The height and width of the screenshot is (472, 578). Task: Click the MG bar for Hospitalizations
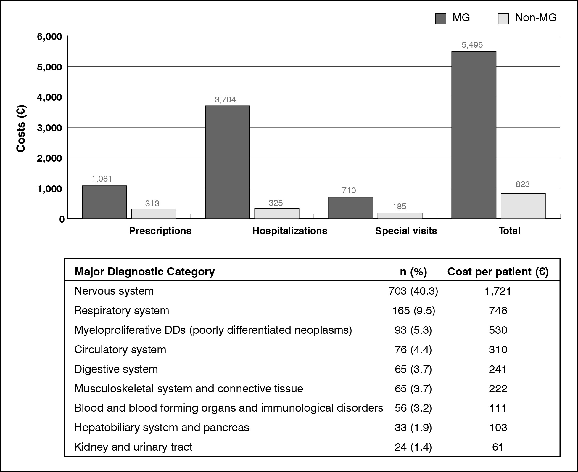[x=227, y=162]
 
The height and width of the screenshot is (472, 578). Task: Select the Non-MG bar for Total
[x=523, y=206]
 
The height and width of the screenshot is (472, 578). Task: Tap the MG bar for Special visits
[x=350, y=208]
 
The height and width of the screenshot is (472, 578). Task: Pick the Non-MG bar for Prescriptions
[x=154, y=213]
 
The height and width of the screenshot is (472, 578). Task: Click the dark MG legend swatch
[x=440, y=19]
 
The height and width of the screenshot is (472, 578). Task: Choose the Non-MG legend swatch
[x=503, y=19]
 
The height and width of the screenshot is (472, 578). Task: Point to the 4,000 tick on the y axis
[x=49, y=97]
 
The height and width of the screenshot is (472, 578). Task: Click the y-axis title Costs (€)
[x=21, y=129]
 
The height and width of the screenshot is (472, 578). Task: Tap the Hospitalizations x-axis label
[x=289, y=231]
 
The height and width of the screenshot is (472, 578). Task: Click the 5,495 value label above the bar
[x=472, y=45]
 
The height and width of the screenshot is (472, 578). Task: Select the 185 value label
[x=399, y=206]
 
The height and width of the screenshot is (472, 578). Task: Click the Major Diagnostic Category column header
[x=144, y=272]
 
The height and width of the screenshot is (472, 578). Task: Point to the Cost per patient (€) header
[x=498, y=272]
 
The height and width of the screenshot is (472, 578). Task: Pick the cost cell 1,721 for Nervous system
[x=498, y=291]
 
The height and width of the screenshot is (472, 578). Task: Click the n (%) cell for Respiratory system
[x=413, y=311]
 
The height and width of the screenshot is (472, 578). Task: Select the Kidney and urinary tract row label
[x=133, y=447]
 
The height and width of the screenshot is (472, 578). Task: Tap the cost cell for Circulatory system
[x=498, y=350]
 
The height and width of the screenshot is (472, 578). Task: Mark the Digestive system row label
[x=116, y=369]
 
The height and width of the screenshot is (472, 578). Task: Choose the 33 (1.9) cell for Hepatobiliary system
[x=413, y=428]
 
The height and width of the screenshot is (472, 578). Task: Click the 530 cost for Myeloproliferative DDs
[x=498, y=330]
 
